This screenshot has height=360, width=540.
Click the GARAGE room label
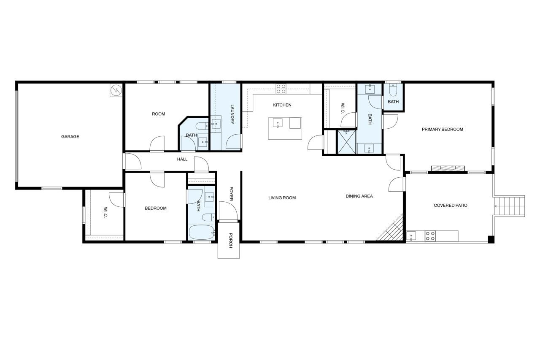click(x=70, y=137)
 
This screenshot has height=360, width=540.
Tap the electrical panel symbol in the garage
click(x=116, y=90)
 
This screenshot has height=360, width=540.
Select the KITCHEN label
click(x=282, y=105)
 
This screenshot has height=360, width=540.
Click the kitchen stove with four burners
click(x=281, y=89)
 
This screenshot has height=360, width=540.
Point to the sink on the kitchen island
click(x=278, y=123)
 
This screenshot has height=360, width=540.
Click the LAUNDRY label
click(x=232, y=114)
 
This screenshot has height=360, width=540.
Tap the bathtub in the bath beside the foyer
click(x=202, y=232)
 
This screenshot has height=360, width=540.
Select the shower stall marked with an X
click(x=347, y=142)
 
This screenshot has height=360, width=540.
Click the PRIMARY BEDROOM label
click(x=443, y=130)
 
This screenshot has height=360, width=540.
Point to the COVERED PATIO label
click(x=451, y=206)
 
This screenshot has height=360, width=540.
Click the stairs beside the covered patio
click(x=509, y=206)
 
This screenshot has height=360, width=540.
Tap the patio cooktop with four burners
click(x=430, y=236)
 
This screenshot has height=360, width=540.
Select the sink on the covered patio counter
click(x=411, y=236)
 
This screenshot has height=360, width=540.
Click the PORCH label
click(x=231, y=241)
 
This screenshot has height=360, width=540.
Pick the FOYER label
click(x=231, y=194)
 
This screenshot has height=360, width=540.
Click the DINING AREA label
click(x=359, y=196)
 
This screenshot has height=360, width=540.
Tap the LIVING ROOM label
click(x=282, y=198)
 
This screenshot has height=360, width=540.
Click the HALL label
click(x=182, y=160)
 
